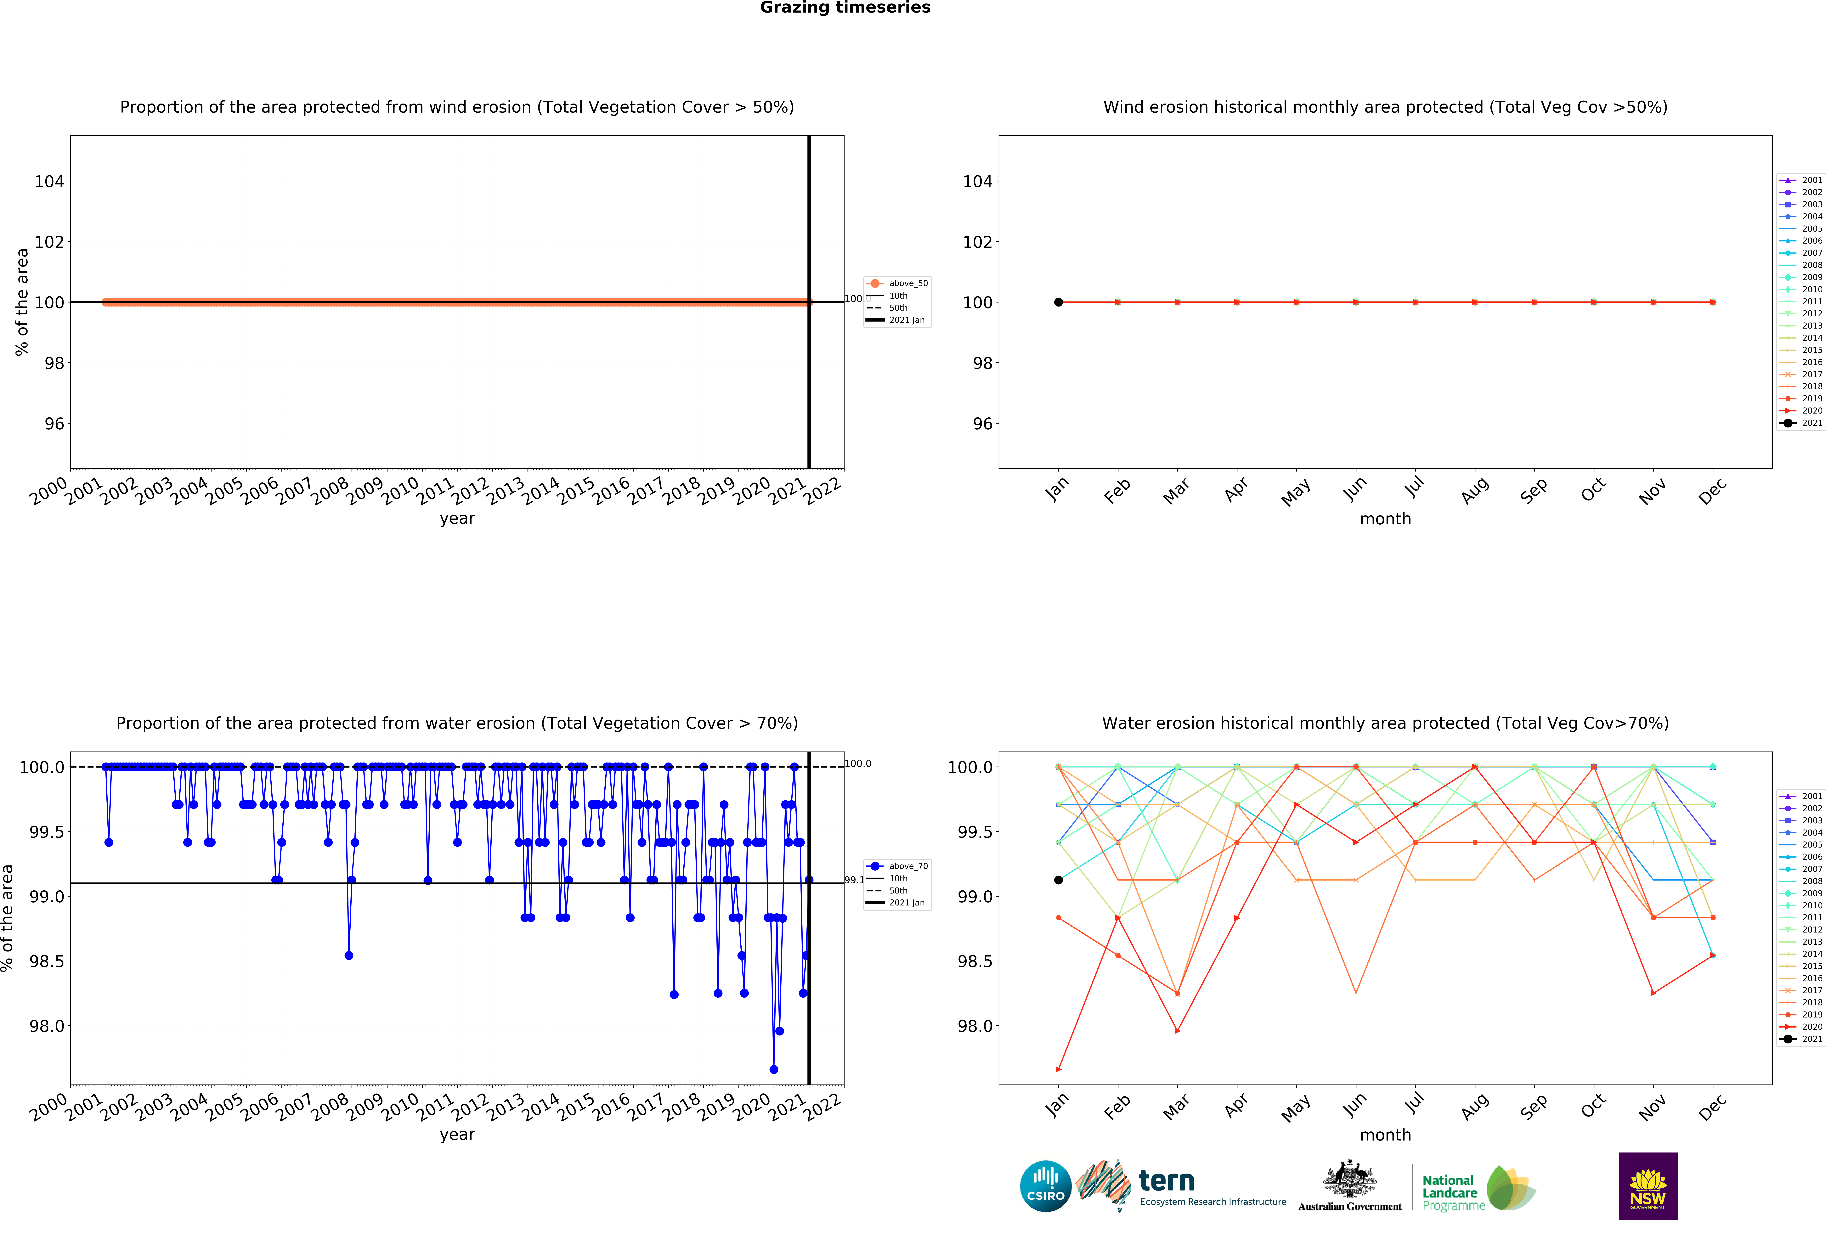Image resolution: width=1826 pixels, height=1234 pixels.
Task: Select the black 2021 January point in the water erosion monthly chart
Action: pyautogui.click(x=1058, y=880)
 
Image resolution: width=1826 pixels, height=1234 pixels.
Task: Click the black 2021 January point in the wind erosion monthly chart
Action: pyautogui.click(x=1058, y=302)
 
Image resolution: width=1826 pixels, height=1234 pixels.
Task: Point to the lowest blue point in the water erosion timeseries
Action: pyautogui.click(x=774, y=1069)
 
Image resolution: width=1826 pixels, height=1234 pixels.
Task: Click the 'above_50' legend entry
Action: pyautogui.click(x=907, y=284)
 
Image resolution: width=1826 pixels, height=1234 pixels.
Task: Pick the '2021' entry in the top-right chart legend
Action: pyautogui.click(x=1811, y=423)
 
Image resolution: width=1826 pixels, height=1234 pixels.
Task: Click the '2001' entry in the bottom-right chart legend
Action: pyautogui.click(x=1811, y=796)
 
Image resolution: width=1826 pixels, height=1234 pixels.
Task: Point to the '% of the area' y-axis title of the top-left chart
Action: pyautogui.click(x=22, y=302)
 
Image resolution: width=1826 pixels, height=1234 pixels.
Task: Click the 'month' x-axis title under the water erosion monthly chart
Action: pyautogui.click(x=1385, y=1135)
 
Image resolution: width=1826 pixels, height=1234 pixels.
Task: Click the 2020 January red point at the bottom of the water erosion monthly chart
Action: pyautogui.click(x=1058, y=1069)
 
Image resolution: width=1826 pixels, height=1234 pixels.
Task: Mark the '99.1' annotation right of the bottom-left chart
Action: pyautogui.click(x=854, y=880)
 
